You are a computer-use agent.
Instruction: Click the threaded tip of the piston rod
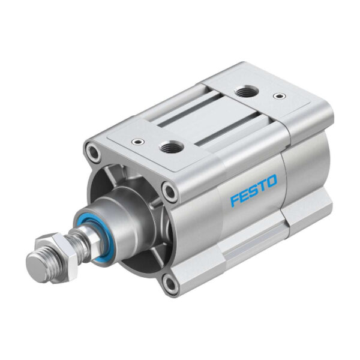(x=37, y=260)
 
